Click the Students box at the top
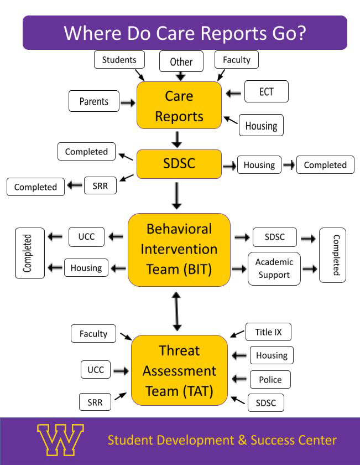(x=119, y=59)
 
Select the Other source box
(x=181, y=61)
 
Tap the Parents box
(x=94, y=101)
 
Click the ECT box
(x=266, y=91)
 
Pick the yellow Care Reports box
(x=179, y=106)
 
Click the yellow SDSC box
(x=179, y=164)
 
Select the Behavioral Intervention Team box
(x=179, y=249)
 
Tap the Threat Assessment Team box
(x=179, y=370)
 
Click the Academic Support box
(x=274, y=268)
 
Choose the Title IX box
(x=268, y=332)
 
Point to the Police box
(x=270, y=380)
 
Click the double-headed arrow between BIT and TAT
(x=177, y=311)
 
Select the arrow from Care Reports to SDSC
(x=177, y=139)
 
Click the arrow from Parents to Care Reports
(x=128, y=102)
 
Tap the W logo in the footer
(x=60, y=441)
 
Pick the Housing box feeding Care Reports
(x=261, y=126)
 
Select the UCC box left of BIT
(x=86, y=237)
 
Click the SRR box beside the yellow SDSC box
(x=100, y=185)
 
